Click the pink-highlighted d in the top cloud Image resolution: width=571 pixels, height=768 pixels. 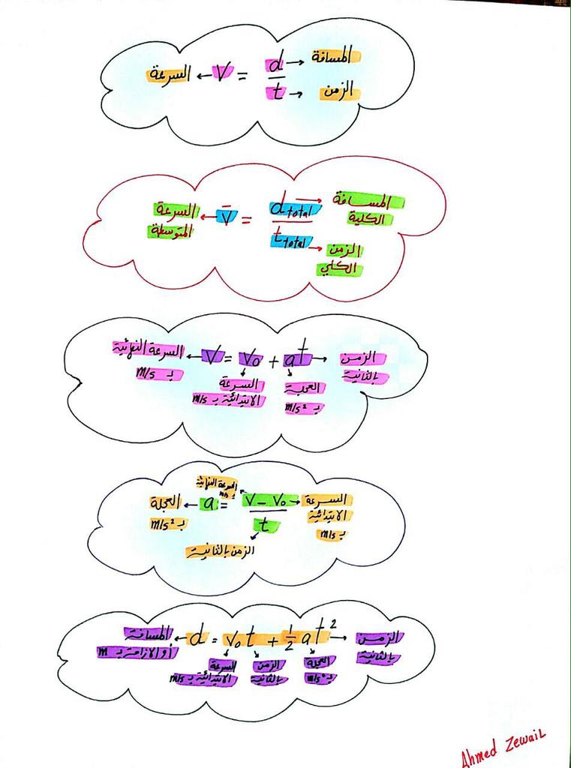tap(274, 65)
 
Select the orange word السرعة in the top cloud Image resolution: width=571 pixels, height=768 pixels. tap(167, 75)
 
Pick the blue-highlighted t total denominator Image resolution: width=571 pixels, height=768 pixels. tap(291, 241)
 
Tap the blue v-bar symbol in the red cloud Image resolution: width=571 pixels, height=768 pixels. tap(224, 217)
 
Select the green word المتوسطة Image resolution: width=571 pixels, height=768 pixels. tap(170, 231)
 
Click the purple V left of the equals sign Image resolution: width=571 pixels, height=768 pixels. tap(213, 356)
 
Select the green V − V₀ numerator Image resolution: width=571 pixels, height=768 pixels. tap(268, 499)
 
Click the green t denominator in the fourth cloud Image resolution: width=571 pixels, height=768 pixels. tap(263, 526)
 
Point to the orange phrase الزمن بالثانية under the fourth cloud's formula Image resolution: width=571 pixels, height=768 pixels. tap(220, 551)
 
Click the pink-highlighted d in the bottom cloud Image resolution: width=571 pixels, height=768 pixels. tap(197, 638)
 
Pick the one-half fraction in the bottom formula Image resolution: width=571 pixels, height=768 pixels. tap(289, 640)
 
